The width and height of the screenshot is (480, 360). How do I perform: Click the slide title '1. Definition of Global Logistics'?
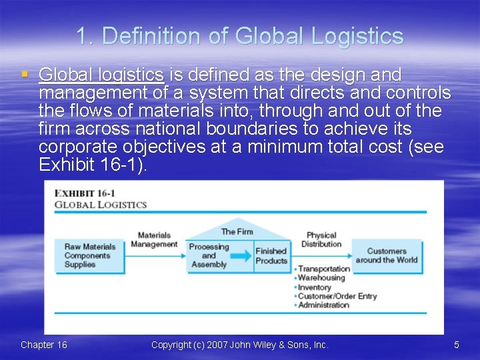240,35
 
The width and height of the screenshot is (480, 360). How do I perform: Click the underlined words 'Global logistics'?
101,75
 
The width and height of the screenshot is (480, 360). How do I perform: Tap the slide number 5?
457,345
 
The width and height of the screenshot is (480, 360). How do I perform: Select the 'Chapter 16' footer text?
44,345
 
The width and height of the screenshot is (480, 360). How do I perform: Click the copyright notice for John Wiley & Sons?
240,345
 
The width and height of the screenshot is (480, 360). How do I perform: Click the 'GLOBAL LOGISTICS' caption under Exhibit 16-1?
101,205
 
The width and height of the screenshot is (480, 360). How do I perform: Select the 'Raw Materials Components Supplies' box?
90,255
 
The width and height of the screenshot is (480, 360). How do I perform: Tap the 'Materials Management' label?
154,239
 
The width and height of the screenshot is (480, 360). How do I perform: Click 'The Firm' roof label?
237,231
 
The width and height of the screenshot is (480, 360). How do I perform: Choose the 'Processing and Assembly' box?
209,255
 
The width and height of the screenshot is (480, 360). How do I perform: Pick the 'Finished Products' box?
271,256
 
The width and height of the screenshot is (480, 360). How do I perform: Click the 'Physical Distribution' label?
321,239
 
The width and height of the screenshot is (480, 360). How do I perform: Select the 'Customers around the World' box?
387,255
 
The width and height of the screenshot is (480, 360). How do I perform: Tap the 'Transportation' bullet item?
324,269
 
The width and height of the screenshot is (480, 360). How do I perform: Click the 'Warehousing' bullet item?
321,278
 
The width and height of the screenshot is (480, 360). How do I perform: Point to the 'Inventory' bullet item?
315,287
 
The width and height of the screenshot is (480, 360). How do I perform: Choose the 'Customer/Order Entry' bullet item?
337,296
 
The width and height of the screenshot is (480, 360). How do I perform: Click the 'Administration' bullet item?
323,305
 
